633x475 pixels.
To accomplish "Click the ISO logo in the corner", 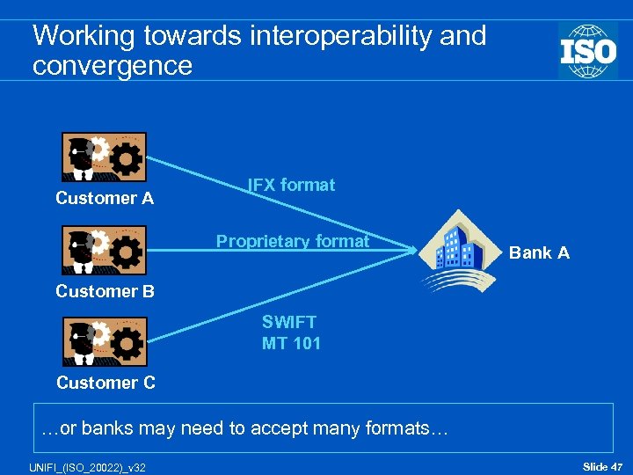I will click(x=587, y=50).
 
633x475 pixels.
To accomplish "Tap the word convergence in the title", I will click(x=112, y=65).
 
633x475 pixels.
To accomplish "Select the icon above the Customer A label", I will click(x=104, y=157).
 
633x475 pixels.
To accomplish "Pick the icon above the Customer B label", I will click(x=104, y=251).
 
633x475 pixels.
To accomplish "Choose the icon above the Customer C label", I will click(x=104, y=341).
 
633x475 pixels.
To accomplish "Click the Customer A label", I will click(x=105, y=199).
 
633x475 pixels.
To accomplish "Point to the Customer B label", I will click(x=105, y=291).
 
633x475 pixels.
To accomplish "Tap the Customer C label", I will click(x=105, y=383).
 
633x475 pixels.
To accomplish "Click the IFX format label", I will click(x=291, y=186).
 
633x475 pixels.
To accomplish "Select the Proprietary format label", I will click(x=293, y=241).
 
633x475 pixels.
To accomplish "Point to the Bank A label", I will click(x=539, y=253).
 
